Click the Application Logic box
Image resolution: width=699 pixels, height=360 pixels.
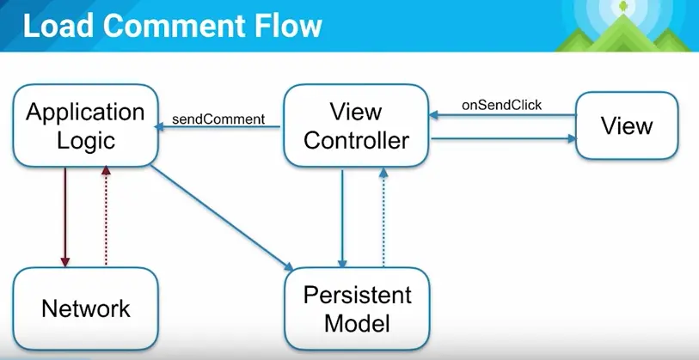[84, 125]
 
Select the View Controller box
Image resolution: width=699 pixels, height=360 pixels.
[356, 125]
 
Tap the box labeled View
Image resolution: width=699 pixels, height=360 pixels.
[627, 126]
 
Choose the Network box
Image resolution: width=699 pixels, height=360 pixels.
[85, 308]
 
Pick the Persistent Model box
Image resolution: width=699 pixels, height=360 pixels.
[357, 309]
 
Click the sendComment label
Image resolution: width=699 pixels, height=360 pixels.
[218, 119]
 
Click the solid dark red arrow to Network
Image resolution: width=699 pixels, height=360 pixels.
[64, 215]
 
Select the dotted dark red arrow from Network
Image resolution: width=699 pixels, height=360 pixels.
[106, 215]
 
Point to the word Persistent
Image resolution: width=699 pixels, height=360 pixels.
[357, 296]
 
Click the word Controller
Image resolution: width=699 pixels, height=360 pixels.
[356, 139]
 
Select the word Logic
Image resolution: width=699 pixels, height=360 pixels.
[84, 140]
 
